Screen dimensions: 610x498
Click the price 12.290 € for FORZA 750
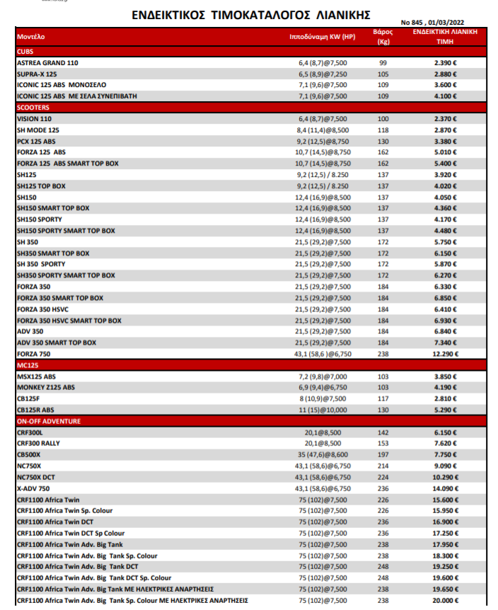(x=446, y=354)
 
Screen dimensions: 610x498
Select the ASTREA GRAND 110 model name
(x=47, y=63)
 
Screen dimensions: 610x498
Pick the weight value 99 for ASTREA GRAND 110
(x=383, y=63)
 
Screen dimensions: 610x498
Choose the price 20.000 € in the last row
(x=446, y=600)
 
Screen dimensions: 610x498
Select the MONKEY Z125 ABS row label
(x=45, y=387)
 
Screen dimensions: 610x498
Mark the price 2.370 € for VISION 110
(x=446, y=119)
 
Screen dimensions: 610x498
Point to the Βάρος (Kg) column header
(x=383, y=37)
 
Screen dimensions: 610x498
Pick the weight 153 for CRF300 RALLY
(x=383, y=444)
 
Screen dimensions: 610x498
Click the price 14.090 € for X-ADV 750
(x=446, y=488)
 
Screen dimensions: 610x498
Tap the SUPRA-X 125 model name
(x=37, y=74)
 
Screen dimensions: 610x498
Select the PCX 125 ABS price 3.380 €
(x=446, y=142)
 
